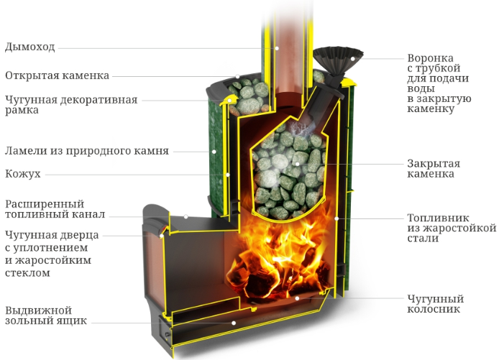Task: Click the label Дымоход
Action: [x=30, y=47]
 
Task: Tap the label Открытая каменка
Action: [x=57, y=75]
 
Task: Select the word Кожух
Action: [x=23, y=174]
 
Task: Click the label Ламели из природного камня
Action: [x=86, y=150]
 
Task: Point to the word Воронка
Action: [x=430, y=58]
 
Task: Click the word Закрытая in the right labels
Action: [x=434, y=164]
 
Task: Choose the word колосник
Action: [x=434, y=309]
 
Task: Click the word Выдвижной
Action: [x=38, y=310]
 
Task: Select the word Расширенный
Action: [x=45, y=204]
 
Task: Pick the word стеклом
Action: [x=27, y=273]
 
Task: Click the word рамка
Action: [x=22, y=111]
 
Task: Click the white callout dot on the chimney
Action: [x=277, y=48]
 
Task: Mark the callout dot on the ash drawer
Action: [x=234, y=323]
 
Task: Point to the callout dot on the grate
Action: [x=297, y=298]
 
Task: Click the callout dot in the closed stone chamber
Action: [x=297, y=164]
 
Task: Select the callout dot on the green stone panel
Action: [x=214, y=152]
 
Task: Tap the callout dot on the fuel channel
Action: [x=186, y=216]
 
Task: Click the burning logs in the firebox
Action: [x=277, y=277]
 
